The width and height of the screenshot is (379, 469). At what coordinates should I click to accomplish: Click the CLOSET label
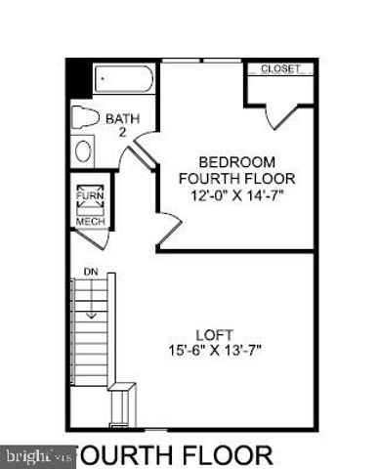click(x=281, y=69)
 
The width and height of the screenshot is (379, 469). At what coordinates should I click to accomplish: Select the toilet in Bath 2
click(x=87, y=119)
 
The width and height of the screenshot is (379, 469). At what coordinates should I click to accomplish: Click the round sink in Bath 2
click(x=84, y=152)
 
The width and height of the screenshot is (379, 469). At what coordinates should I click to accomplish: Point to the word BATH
click(x=123, y=118)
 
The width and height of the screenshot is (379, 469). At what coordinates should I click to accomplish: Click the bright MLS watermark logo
click(x=37, y=455)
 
